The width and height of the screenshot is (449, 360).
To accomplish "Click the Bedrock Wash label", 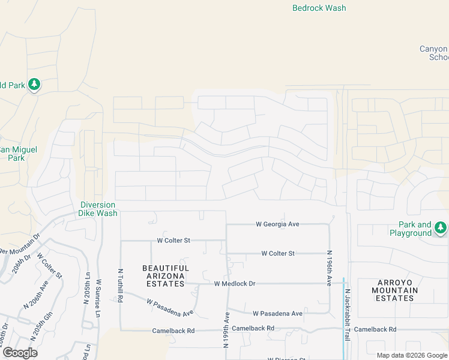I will coord(319,8).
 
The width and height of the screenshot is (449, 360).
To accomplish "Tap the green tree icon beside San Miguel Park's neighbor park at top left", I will coord(34,85).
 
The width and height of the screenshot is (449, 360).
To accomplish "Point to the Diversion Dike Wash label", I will coord(98,209).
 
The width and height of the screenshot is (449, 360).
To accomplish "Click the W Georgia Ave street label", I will coord(277,224).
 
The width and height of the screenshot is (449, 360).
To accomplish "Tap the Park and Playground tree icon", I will coord(441,228).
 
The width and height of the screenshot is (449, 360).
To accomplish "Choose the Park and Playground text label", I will coord(411,229).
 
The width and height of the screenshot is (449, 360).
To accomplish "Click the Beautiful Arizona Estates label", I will coord(165,276).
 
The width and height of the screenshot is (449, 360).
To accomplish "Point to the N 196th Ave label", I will coord(329,268).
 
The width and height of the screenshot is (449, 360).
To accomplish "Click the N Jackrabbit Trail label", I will coord(348,316).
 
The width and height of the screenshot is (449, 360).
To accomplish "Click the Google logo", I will coord(20,353).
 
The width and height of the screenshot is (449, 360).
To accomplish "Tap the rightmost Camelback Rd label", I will coord(375,329).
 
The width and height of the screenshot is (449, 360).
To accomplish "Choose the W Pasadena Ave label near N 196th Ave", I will coord(277,313).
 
